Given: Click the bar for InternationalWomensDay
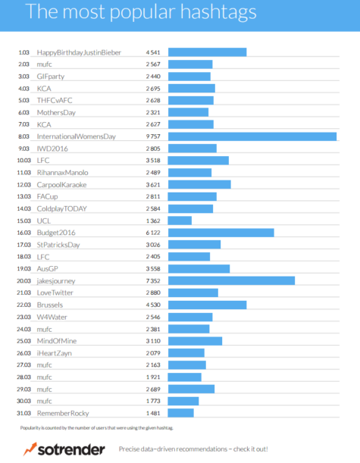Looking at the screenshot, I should tap(252, 136).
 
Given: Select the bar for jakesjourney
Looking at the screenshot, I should tap(231, 280).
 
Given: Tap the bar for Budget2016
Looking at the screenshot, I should tap(221, 233).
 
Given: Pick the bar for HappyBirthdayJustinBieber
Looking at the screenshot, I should tap(207, 52).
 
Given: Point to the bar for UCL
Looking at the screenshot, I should tap(180, 221).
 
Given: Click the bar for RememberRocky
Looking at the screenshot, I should tap(180, 413).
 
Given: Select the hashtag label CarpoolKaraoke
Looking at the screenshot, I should tap(61, 184).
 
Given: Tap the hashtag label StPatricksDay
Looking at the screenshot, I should tap(58, 245).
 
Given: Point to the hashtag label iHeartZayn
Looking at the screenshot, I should tap(52, 352).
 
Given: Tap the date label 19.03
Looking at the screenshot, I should tap(23, 268).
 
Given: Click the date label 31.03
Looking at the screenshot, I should tap(23, 413).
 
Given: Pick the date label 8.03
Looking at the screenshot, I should tap(23, 136).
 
